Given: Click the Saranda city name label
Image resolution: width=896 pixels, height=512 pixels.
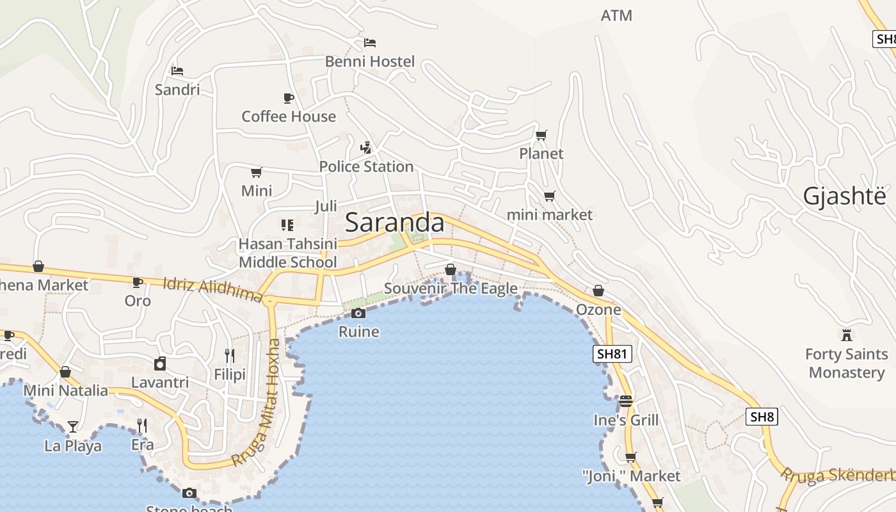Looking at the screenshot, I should coord(394,223).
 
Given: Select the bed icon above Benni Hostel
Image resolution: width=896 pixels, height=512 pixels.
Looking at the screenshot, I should coord(370,43).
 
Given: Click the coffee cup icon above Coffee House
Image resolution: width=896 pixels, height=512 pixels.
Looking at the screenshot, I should coord(289,98).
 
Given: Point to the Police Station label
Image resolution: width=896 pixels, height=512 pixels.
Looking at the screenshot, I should coord(366,166).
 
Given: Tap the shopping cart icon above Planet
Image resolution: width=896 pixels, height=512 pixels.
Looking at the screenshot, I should coord(541,135).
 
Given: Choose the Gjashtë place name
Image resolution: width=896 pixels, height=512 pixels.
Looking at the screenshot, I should coord(845,196).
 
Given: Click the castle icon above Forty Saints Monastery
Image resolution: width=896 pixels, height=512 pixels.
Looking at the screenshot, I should coord(847,335).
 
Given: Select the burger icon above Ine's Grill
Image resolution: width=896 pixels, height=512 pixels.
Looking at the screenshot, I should coord(626,401).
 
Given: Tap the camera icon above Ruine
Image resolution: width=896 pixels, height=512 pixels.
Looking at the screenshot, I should coord(358,313).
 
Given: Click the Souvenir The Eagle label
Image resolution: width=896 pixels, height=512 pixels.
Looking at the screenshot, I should coord(451,289).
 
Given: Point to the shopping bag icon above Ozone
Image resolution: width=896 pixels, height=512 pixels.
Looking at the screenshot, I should coord(598,291).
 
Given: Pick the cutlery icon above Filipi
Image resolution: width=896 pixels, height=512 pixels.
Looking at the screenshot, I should coord(229,355).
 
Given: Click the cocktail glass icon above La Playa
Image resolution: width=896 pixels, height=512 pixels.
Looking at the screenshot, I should coord(73,426).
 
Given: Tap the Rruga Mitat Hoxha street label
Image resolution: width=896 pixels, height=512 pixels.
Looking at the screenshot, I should coord(257,403).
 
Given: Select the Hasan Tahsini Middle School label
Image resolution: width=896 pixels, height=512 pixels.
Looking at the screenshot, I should coord(287,253).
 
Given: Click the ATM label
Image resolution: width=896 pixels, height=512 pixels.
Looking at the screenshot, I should coord(616,15).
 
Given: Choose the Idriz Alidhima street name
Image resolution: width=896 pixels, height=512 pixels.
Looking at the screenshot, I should coord(212,289).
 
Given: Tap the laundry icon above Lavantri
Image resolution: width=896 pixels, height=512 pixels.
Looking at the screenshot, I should coord(160,364).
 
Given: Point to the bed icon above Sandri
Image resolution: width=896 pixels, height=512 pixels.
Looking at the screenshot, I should coord(177,70).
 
